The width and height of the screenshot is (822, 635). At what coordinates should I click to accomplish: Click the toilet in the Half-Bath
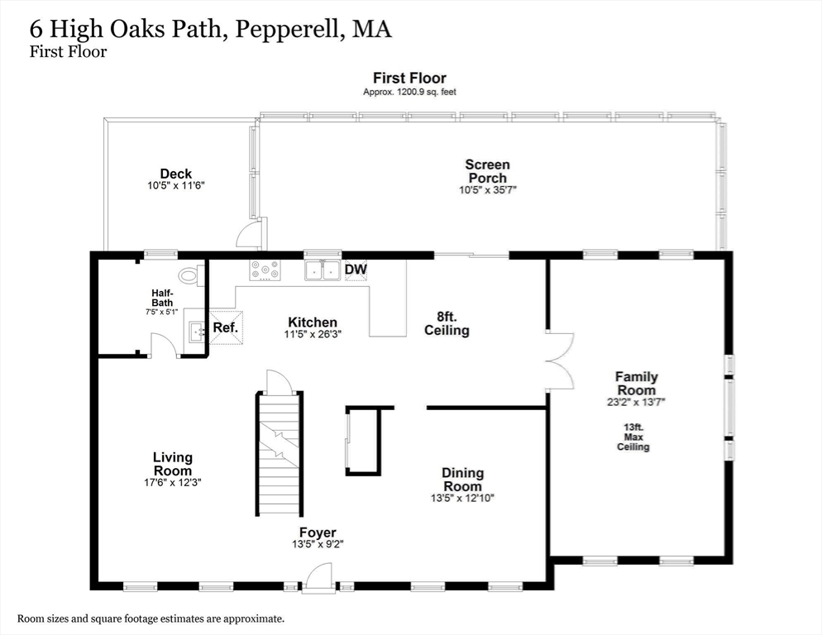tap(190, 275)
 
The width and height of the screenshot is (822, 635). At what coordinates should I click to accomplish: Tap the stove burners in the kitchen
tap(265, 270)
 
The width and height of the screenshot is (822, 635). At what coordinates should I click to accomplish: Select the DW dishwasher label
tap(355, 270)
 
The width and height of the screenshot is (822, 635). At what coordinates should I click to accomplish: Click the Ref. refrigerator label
tap(225, 327)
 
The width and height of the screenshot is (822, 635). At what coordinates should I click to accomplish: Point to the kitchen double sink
tap(323, 270)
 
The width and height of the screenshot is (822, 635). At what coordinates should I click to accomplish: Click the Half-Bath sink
tap(195, 332)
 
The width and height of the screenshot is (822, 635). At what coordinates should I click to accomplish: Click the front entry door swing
tap(318, 577)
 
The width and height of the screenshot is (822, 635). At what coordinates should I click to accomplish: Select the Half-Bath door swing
tap(164, 346)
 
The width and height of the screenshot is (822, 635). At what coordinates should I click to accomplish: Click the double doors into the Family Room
tap(561, 360)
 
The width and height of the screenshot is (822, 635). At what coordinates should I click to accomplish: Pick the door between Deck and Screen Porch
tap(249, 235)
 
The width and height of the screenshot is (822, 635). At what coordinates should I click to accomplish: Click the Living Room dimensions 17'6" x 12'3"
tap(173, 481)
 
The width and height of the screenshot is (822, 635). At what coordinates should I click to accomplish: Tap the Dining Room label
tap(462, 479)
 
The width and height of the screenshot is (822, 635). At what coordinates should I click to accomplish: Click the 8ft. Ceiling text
tap(447, 323)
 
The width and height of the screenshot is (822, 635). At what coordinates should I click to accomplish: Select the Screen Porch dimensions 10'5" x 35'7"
tap(487, 190)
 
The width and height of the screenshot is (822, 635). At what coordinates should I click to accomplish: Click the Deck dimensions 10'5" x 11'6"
tap(175, 186)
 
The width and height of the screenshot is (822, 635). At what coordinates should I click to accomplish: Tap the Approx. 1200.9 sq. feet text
tap(409, 92)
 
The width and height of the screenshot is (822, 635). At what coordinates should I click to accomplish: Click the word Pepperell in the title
tap(288, 29)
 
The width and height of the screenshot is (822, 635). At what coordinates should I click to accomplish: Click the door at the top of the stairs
tap(279, 383)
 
